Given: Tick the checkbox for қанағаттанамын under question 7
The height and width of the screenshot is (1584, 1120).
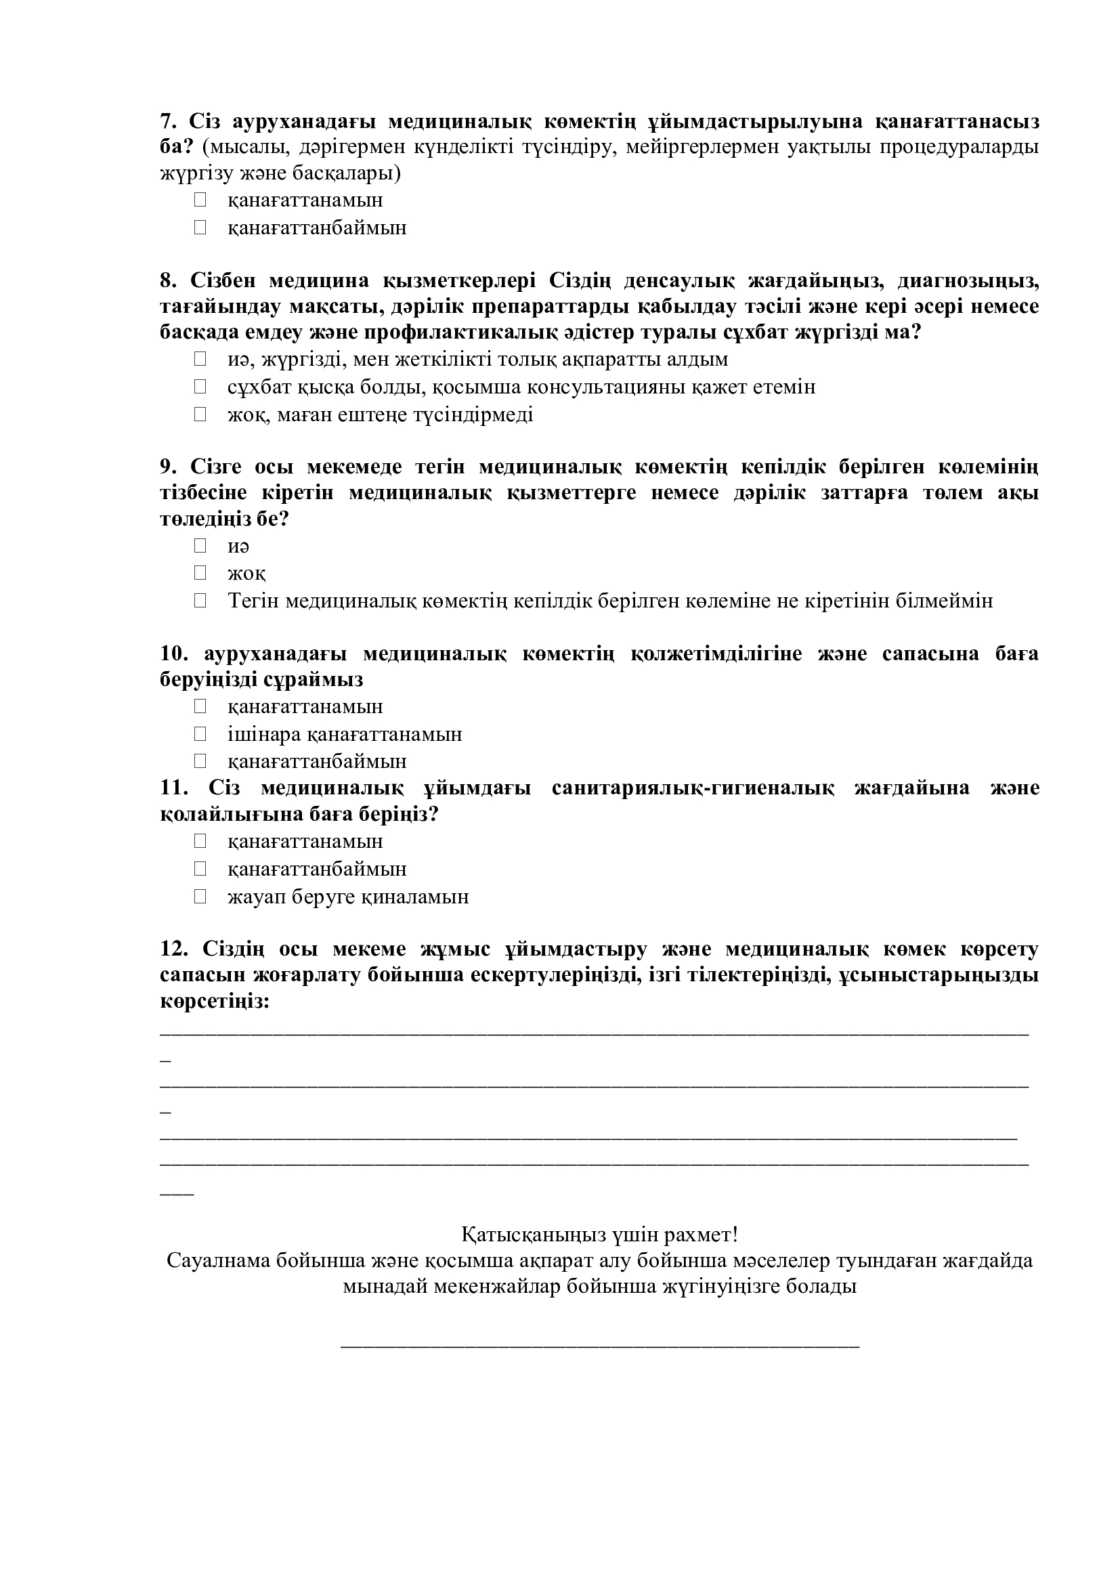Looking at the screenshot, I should point(200,200).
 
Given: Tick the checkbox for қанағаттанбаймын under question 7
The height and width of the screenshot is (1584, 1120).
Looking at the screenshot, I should point(200,228).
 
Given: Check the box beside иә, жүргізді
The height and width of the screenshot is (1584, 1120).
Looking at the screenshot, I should point(200,360).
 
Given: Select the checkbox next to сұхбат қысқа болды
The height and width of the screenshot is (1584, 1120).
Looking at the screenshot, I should point(200,387).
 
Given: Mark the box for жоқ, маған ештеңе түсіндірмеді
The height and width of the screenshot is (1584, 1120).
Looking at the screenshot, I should point(200,414).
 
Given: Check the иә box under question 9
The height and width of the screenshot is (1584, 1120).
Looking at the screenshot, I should point(200,546).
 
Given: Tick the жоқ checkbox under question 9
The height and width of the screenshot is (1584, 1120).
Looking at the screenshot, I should point(200,574).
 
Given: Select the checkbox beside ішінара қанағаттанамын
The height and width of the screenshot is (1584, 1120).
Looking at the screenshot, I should point(200,734).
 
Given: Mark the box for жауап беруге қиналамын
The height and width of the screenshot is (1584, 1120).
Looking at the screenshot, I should point(200,897).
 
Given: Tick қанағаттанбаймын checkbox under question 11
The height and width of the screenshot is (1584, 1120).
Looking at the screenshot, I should point(200,869).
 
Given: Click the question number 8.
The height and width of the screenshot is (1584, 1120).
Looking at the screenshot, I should point(169,281).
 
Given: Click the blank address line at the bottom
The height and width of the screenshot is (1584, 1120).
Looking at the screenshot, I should point(600,1346).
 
